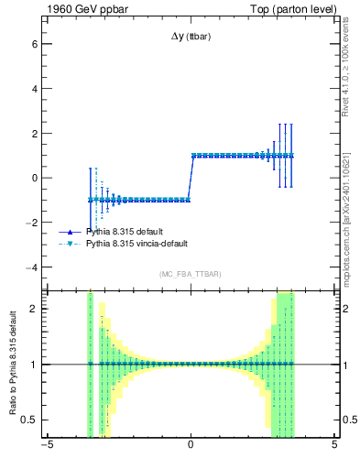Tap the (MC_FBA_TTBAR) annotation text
[190, 274]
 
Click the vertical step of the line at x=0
[190, 178]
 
